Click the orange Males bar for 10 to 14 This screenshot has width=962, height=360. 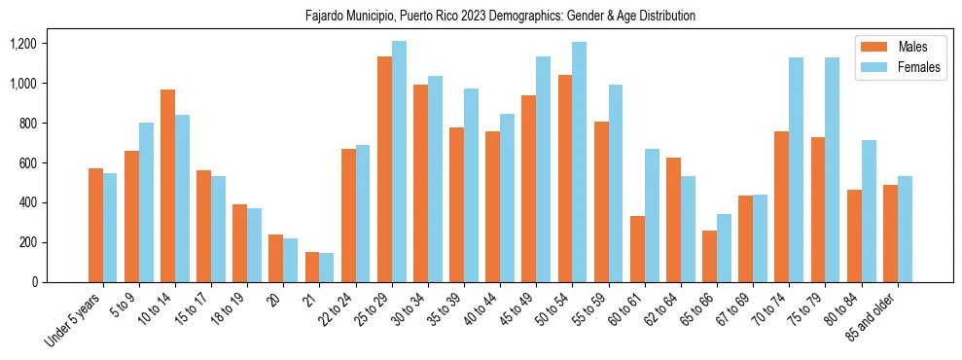(168, 186)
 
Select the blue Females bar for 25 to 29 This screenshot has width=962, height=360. (399, 162)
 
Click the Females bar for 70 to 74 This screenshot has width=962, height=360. (796, 170)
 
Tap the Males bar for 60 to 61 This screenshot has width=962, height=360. (637, 249)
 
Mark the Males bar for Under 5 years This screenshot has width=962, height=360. (95, 225)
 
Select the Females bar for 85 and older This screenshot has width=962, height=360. (904, 229)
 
